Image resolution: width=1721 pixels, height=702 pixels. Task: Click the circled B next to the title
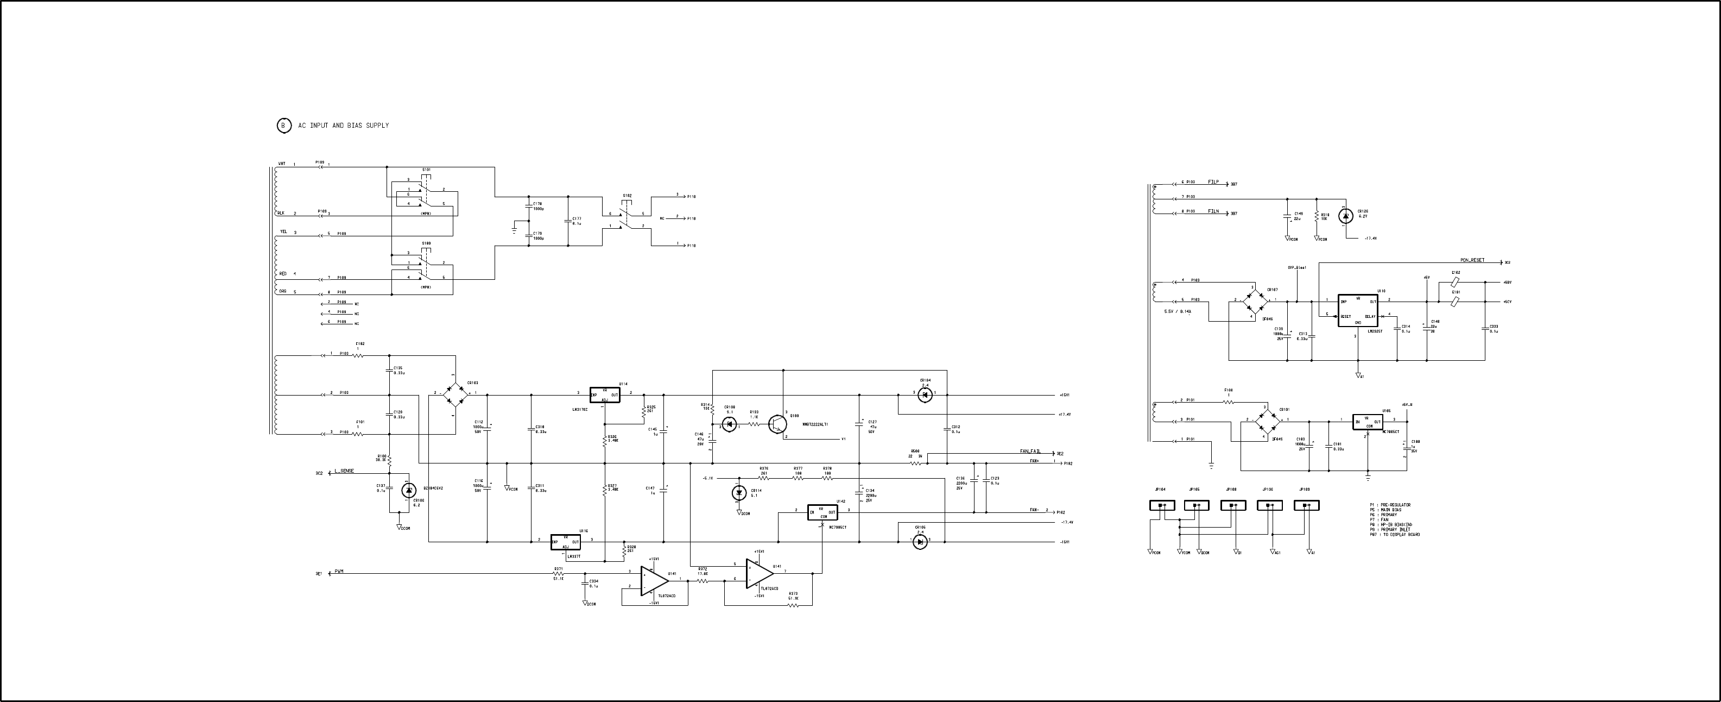284,126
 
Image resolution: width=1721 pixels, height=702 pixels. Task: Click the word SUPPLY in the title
377,126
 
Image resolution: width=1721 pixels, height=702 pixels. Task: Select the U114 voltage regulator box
605,394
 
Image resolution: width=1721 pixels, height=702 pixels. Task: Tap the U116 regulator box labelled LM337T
565,542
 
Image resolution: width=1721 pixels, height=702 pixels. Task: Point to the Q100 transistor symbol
777,424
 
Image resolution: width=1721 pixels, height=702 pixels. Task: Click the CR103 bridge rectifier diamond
455,394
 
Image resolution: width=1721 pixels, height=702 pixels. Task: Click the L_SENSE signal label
344,471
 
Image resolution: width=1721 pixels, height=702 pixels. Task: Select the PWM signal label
339,572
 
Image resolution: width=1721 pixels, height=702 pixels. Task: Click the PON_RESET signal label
1472,260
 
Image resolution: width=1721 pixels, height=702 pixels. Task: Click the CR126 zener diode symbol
1346,215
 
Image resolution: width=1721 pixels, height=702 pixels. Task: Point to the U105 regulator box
1368,423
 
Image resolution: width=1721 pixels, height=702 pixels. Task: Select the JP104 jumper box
1162,505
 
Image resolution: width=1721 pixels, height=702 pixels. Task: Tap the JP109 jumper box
1306,505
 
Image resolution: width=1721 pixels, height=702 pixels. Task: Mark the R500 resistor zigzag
916,462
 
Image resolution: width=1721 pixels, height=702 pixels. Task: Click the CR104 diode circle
925,395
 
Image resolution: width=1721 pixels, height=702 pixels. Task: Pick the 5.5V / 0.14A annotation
1177,311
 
